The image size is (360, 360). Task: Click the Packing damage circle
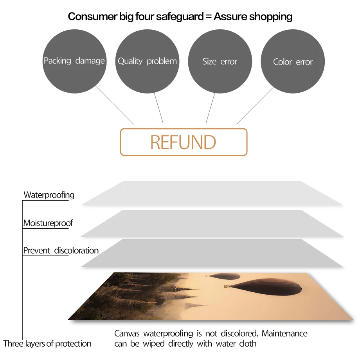[x=74, y=61]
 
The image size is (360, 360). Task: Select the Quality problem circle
[x=147, y=61]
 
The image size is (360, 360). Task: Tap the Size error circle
[x=220, y=61]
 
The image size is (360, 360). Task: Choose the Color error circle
[x=293, y=62]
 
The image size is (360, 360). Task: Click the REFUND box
[x=184, y=142]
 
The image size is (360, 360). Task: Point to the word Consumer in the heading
[x=87, y=16]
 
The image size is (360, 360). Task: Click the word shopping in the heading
[x=271, y=16]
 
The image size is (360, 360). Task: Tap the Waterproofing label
[x=49, y=194]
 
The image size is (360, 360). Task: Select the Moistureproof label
[x=48, y=223]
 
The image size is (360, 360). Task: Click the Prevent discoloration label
[x=61, y=250]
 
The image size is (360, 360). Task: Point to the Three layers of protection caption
[x=47, y=344]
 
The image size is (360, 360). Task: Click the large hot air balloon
[x=270, y=288]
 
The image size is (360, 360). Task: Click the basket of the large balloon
[x=227, y=287]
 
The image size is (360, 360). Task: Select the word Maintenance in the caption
[x=284, y=333]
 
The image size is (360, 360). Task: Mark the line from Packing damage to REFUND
[x=114, y=105]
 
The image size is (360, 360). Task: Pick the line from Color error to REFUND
[x=255, y=105]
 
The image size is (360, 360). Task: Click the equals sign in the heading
[x=208, y=17]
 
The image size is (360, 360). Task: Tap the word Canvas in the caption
[x=127, y=333]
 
